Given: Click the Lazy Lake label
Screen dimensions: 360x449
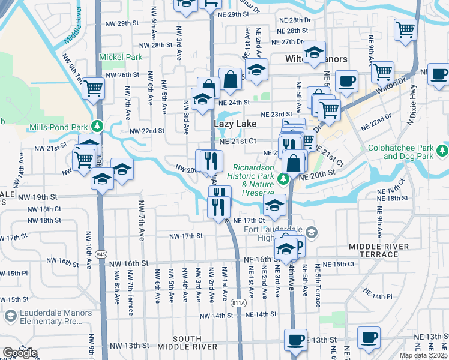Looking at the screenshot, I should point(235,124).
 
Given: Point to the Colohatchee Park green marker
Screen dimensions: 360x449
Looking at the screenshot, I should point(443,149).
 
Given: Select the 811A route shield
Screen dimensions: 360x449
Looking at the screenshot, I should point(238,303).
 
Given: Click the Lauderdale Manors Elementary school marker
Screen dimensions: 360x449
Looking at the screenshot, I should point(10,316).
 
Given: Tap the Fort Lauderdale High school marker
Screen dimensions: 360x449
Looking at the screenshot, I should point(310,232).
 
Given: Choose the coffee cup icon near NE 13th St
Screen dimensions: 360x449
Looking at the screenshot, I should point(369,337).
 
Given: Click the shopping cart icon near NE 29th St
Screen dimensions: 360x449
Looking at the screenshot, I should point(406,28).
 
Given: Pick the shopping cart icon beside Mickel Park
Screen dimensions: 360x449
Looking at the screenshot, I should point(93,88).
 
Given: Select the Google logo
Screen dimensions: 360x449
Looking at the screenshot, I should point(20,353).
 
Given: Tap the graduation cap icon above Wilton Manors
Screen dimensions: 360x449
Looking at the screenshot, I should point(313,52).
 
